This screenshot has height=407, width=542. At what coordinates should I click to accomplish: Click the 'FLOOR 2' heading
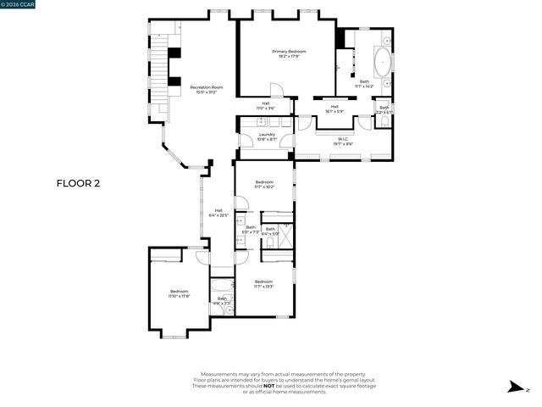point(78,183)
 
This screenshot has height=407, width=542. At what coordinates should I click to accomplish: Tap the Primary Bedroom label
point(289,54)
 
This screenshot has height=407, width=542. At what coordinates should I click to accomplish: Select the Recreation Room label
point(206,90)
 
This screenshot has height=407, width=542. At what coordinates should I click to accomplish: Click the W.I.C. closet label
point(344,142)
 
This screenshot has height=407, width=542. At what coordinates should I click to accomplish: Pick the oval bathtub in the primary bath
point(382,64)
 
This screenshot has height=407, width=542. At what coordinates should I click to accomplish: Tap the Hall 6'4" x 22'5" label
point(218,213)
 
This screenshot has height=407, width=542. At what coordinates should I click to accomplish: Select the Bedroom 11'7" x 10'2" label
point(264,185)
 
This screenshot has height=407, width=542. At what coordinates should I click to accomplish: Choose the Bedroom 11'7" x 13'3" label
point(263,284)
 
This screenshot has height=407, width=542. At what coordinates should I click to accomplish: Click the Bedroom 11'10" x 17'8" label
point(179,293)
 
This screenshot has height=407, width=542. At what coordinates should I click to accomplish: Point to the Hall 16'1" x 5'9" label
point(335,109)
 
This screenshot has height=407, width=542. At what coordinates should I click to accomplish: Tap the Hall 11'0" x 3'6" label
point(265,107)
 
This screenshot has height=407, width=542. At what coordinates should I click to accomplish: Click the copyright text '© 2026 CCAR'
point(19,5)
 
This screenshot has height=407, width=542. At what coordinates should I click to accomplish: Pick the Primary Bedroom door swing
point(276,90)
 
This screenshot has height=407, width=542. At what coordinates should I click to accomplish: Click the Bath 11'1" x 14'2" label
point(364,84)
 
